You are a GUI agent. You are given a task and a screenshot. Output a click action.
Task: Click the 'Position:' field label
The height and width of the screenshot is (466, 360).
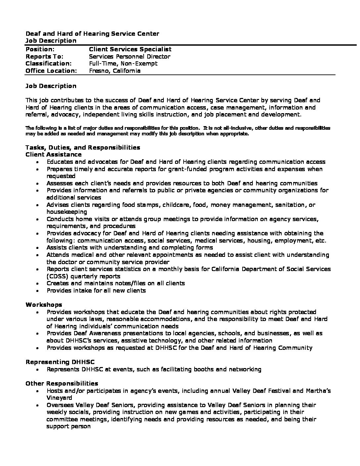pyautogui.click(x=40, y=49)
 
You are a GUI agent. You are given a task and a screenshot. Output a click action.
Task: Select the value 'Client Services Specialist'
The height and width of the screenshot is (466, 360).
pyautogui.click(x=130, y=49)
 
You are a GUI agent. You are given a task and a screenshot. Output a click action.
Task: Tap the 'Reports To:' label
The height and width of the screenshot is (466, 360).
pyautogui.click(x=44, y=57)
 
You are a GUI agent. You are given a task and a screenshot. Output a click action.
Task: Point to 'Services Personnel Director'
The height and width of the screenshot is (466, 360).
pyautogui.click(x=130, y=57)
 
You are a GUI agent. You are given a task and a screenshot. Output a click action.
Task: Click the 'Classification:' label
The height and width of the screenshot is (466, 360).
pyautogui.click(x=49, y=64)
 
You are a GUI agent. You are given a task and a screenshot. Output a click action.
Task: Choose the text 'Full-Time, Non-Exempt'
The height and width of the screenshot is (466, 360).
pyautogui.click(x=123, y=64)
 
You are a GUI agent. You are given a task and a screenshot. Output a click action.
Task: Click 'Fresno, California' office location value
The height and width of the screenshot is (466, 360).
pyautogui.click(x=115, y=71)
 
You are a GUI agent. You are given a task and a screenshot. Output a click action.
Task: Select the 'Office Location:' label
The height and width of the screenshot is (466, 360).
pyautogui.click(x=51, y=71)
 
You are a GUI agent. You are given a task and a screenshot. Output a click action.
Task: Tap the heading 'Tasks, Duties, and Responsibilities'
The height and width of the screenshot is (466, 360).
pyautogui.click(x=83, y=147)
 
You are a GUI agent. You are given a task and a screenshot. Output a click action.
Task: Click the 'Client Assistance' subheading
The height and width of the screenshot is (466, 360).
pyautogui.click(x=54, y=155)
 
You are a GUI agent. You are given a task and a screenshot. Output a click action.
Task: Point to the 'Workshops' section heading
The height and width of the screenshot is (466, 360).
pyautogui.click(x=44, y=304)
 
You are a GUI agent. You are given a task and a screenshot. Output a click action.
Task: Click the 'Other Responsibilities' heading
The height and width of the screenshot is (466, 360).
pyautogui.click(x=62, y=384)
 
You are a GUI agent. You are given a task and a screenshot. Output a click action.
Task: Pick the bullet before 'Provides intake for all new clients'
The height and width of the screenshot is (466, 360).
pyautogui.click(x=39, y=291)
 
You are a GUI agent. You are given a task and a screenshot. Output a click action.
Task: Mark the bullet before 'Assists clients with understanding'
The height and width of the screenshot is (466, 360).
pyautogui.click(x=39, y=248)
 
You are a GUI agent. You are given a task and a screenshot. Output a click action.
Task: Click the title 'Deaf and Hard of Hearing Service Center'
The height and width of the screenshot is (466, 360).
pyautogui.click(x=92, y=34)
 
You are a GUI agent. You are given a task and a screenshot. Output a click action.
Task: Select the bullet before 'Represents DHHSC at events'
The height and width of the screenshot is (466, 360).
pyautogui.click(x=39, y=370)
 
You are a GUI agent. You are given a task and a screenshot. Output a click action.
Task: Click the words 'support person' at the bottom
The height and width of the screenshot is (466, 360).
pyautogui.click(x=68, y=426)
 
